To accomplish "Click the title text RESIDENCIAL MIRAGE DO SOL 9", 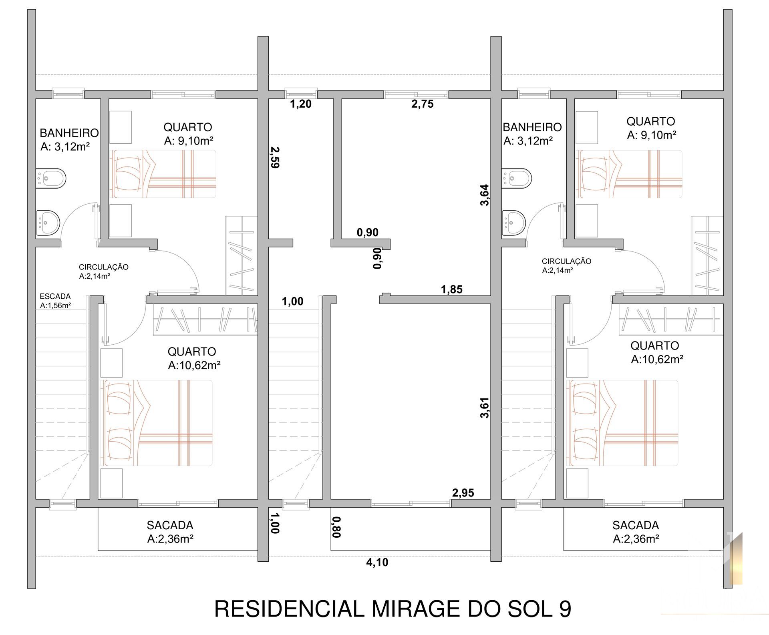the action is coord(393,609).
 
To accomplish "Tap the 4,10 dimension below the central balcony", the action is coord(377,563).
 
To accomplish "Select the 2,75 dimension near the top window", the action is coord(423,104).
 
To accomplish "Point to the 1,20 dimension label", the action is coord(301,104).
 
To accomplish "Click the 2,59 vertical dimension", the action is coord(275,157).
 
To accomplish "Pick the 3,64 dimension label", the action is coord(485,195).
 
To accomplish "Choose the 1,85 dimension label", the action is coord(452,289).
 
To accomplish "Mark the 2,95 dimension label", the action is coord(463,493).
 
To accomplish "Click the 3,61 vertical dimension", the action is coord(485,408).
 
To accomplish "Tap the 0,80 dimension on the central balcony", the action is coord(336,527).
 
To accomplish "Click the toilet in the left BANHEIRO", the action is coord(51,179).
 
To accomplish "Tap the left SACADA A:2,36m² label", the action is coord(170,532).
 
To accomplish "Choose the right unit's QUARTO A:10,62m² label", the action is coord(657,352).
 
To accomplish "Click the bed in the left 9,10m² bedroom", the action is coord(163,174).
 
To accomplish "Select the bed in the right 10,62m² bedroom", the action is coord(623,423).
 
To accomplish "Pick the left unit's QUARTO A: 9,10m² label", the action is coord(188,134).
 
